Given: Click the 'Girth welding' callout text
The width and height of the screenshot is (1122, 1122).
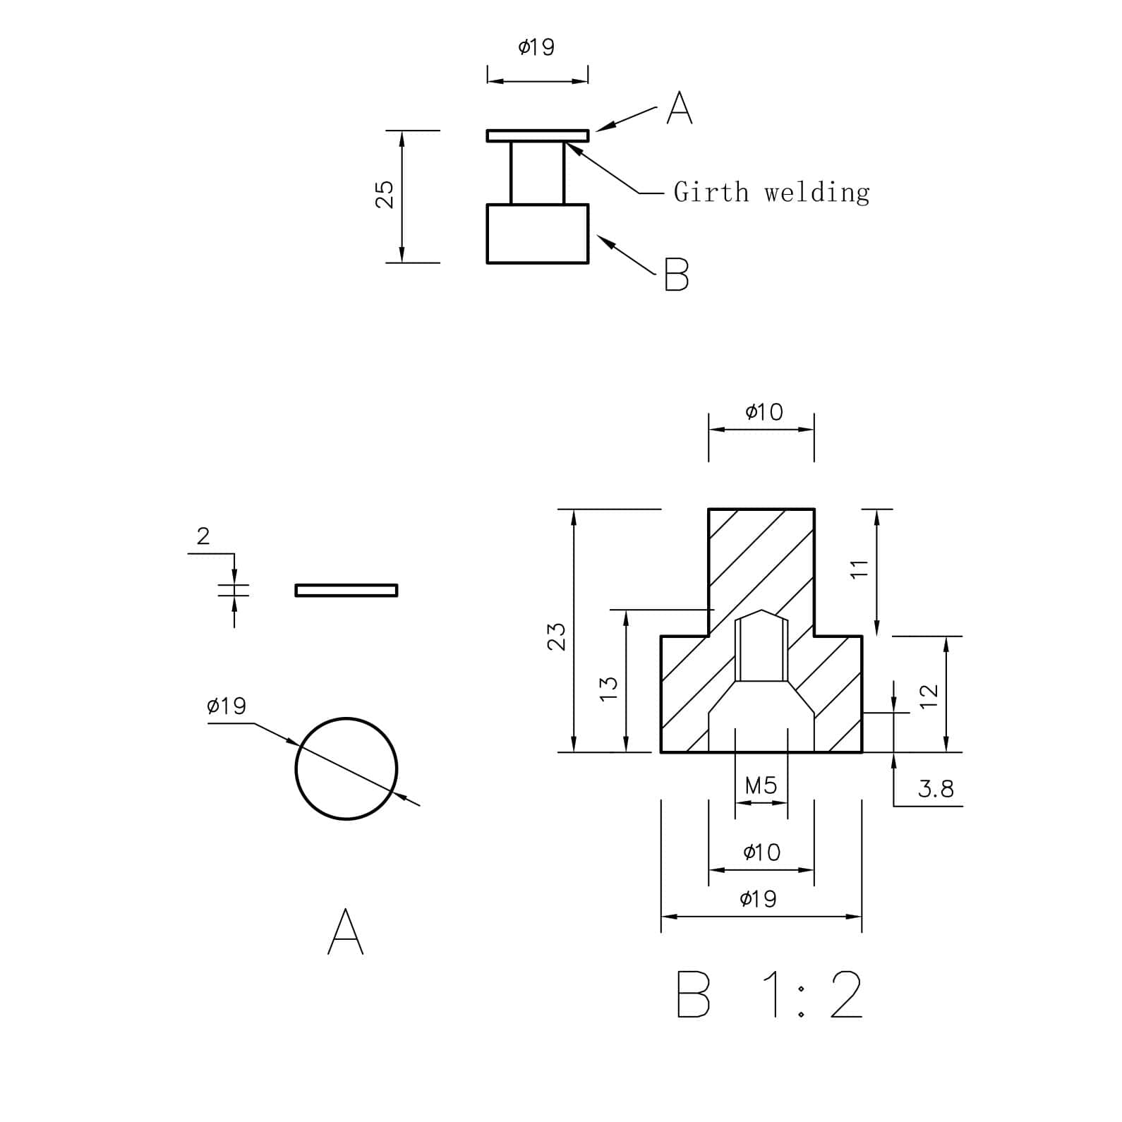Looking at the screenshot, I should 771,192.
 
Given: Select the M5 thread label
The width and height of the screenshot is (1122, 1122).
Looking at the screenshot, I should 761,785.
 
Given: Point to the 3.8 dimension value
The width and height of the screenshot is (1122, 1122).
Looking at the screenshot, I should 936,789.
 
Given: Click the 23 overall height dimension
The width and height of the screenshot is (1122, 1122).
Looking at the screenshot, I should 557,636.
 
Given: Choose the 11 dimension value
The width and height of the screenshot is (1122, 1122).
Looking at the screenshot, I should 858,569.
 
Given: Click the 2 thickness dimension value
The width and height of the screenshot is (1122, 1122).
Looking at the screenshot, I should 203,537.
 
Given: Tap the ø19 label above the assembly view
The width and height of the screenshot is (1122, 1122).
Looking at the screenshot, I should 536,47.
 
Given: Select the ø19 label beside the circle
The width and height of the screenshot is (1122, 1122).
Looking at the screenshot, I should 227,706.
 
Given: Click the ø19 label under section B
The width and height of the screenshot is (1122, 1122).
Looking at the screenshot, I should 758,899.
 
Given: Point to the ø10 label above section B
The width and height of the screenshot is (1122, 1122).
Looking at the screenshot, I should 764,412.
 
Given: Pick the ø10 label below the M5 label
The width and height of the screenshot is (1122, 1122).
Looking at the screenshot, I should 762,852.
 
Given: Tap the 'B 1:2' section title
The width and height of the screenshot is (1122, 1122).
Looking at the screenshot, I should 769,994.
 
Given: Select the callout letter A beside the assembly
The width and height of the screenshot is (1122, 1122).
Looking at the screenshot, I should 680,108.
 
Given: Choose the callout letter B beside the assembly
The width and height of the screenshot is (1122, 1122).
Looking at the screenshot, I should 676,275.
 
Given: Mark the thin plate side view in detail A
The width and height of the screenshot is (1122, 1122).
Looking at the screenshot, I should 346,590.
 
